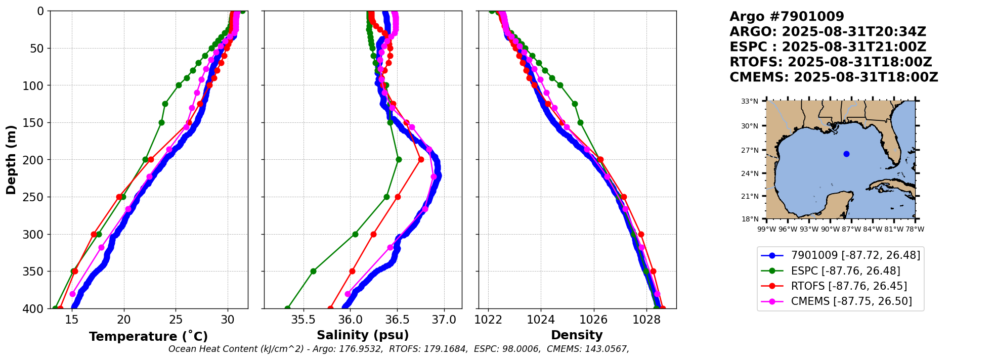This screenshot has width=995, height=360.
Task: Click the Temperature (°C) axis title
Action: [148, 337]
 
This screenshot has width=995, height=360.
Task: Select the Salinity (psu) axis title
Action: [363, 335]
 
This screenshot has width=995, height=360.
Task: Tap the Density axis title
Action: [577, 335]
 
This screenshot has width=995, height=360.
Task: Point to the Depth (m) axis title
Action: [11, 159]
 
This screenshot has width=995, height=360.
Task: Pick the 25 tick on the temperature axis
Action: [176, 320]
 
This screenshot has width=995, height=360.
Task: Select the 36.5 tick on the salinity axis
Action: [397, 320]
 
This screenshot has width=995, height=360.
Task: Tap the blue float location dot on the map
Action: [846, 154]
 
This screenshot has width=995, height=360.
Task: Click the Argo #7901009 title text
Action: [787, 17]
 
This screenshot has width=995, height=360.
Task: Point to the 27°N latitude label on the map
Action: [750, 150]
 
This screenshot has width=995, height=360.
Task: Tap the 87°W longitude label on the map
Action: [851, 229]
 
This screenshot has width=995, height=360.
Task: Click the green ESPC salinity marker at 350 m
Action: [313, 271]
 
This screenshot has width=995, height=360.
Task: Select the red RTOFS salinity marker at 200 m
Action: [421, 160]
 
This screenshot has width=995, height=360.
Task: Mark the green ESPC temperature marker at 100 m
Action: [179, 85]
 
